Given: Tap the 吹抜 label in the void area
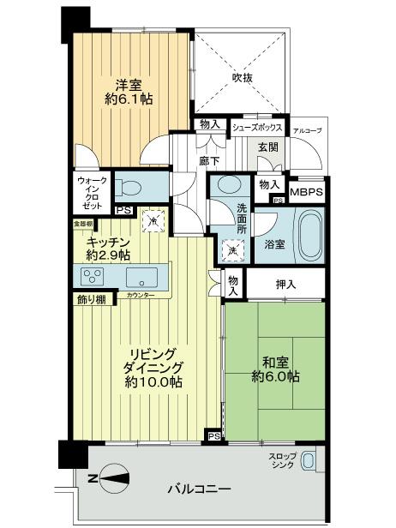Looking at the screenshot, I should point(243,77).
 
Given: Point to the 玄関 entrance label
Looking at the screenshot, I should point(267,147).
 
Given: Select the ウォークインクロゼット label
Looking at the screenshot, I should point(89,194).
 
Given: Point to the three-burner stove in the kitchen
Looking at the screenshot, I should point(93,277).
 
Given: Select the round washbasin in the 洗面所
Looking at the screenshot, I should point(229,184).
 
